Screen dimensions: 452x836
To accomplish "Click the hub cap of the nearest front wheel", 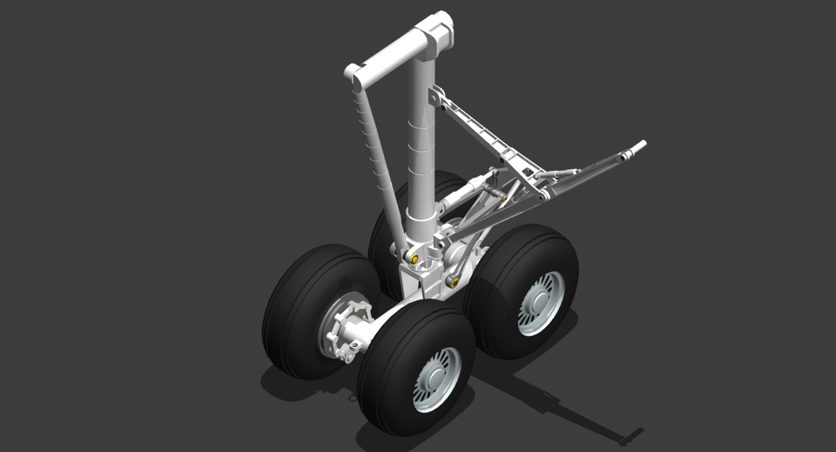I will coord(437,379).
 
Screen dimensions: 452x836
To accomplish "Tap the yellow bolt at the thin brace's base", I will coord(414,260).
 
